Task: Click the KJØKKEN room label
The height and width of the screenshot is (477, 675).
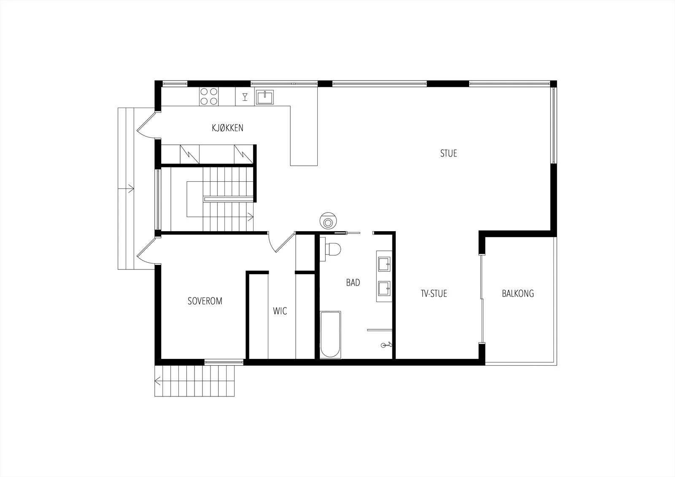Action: (x=227, y=128)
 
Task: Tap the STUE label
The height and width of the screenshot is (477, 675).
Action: (x=448, y=154)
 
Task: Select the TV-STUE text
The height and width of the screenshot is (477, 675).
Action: (x=434, y=294)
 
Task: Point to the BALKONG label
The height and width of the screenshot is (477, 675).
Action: (x=518, y=294)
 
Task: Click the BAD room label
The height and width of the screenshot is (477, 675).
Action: (x=353, y=283)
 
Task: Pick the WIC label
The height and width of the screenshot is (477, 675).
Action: (x=280, y=311)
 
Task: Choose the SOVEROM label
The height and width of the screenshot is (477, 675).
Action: (x=205, y=301)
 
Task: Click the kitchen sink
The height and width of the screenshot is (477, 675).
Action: (x=265, y=97)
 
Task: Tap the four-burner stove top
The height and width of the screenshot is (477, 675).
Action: (x=208, y=97)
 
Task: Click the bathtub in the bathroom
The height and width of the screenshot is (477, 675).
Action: (x=330, y=335)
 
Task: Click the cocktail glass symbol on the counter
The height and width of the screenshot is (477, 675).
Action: (x=245, y=97)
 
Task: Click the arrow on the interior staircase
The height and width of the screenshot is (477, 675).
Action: (x=250, y=216)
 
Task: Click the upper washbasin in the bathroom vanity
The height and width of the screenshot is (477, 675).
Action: (x=384, y=264)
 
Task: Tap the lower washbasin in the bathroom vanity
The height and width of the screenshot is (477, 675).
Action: (x=384, y=288)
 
